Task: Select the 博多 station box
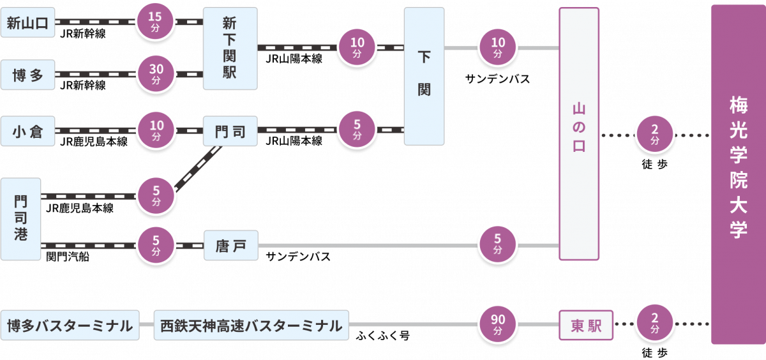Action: [x=28, y=75]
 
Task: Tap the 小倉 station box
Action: [x=28, y=131]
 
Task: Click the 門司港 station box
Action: [x=20, y=218]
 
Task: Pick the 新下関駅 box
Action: [x=230, y=49]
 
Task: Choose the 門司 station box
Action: [x=230, y=131]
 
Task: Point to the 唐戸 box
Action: [x=230, y=245]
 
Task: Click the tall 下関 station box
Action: [x=424, y=76]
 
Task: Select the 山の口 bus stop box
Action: [x=579, y=134]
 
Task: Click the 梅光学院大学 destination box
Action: [x=739, y=174]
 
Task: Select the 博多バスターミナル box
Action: [x=70, y=326]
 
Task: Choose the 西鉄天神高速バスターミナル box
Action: [x=252, y=326]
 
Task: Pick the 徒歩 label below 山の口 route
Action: [x=655, y=163]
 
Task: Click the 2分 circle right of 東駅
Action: [x=655, y=326]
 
